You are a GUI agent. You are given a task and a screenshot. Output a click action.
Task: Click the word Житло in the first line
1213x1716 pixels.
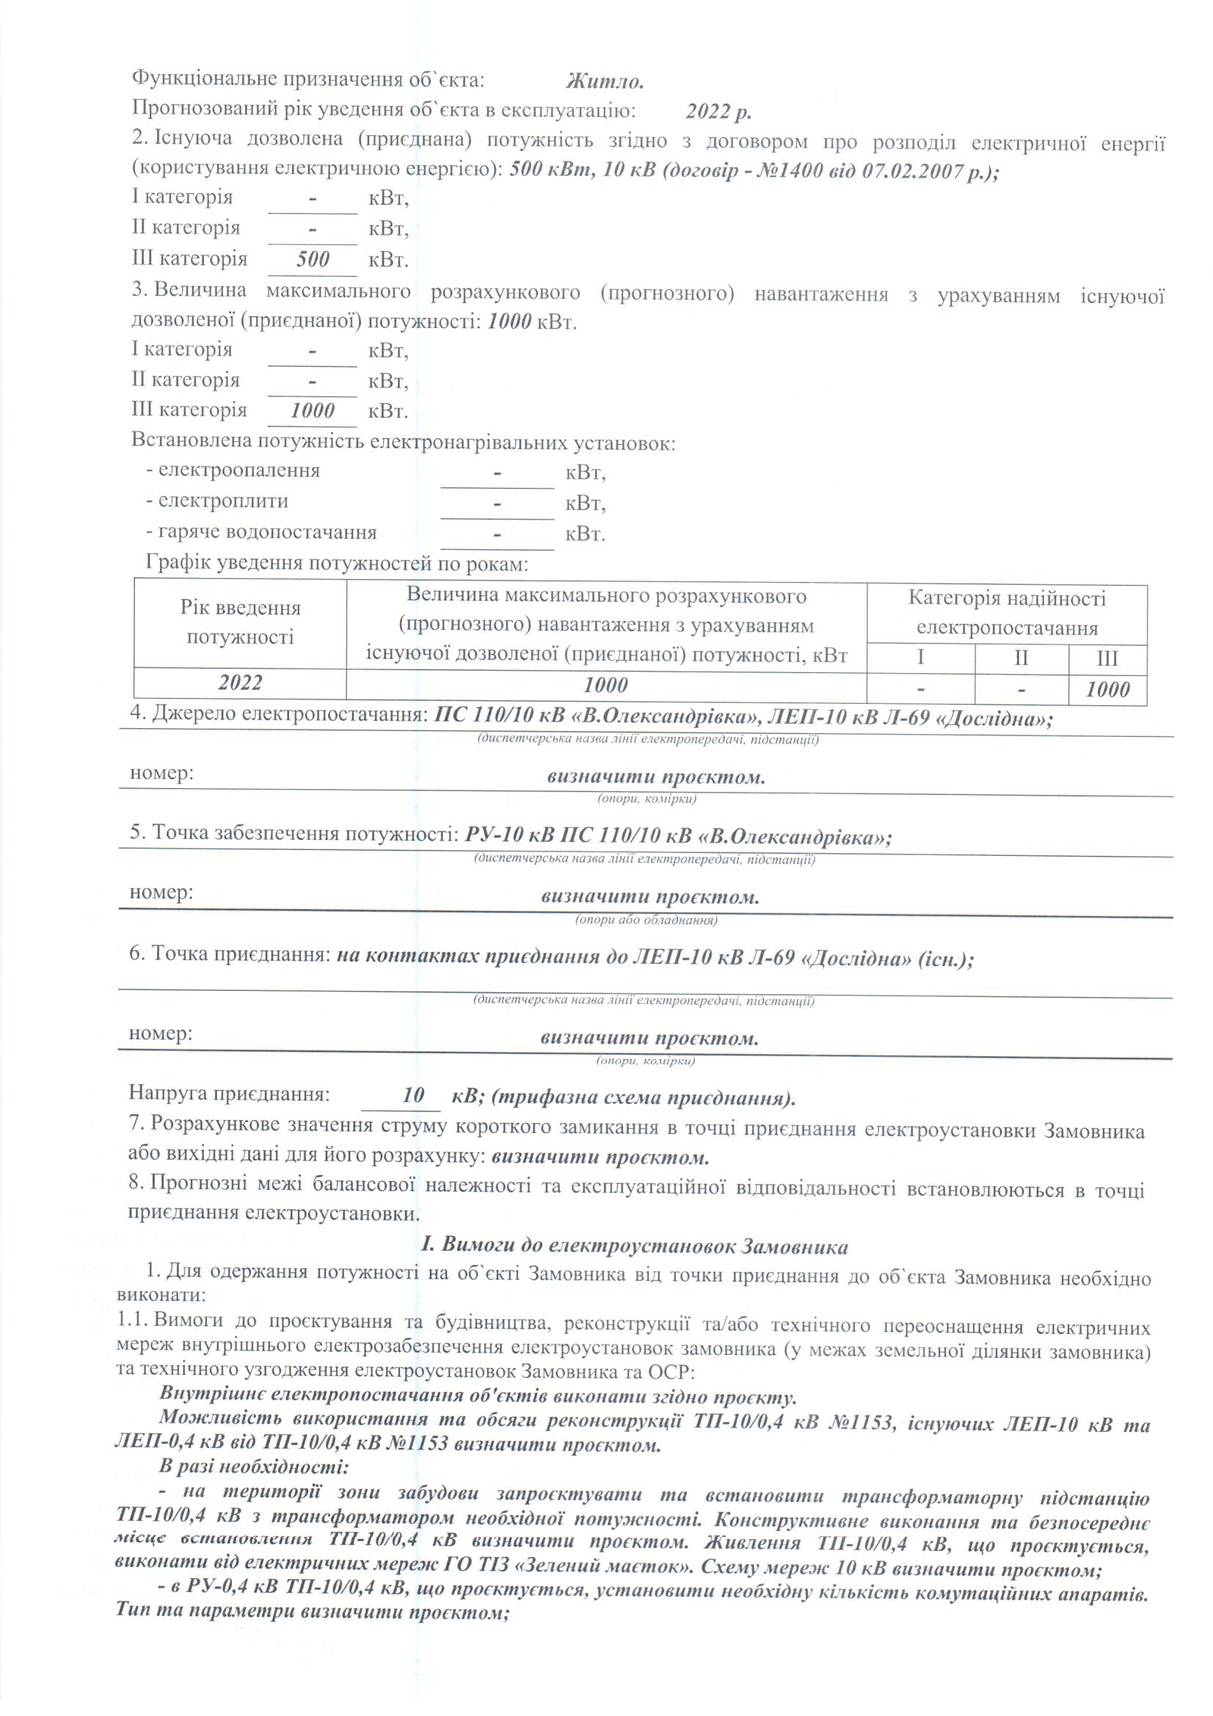click(605, 80)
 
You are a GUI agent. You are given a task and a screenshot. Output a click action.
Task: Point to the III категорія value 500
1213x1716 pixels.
click(313, 259)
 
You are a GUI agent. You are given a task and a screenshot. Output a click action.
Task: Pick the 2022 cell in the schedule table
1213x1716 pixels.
click(240, 683)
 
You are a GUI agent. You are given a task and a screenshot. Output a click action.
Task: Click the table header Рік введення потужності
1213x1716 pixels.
click(240, 622)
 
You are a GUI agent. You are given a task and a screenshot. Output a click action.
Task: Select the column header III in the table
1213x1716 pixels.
click(1106, 658)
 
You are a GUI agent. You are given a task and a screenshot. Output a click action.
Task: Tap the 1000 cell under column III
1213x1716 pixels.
click(1107, 689)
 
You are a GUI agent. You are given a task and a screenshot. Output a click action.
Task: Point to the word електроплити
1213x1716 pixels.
click(223, 501)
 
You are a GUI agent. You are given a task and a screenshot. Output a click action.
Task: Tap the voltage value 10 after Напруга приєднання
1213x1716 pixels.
click(412, 1096)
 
